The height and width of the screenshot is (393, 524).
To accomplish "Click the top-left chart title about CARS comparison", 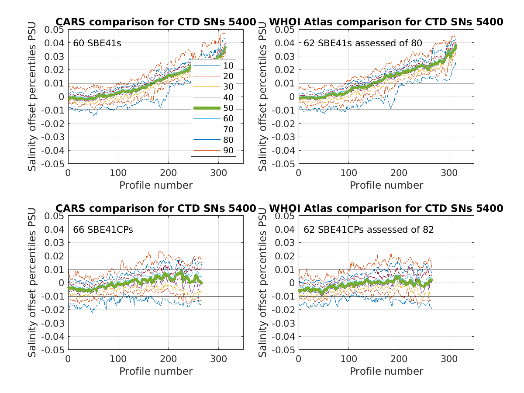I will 155,22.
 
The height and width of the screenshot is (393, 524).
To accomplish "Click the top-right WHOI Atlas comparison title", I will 386,22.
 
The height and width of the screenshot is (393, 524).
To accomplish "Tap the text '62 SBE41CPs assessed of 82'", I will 369,229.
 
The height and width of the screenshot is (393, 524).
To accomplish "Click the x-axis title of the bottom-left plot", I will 156,371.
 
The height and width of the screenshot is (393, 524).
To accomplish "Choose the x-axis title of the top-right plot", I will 386,185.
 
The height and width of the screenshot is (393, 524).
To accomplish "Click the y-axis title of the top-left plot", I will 32,97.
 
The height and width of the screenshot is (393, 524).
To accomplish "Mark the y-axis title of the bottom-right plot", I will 263,283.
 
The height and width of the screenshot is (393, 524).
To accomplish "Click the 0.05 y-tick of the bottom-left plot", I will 55,216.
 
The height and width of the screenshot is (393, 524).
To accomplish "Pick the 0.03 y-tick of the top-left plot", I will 55,56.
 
